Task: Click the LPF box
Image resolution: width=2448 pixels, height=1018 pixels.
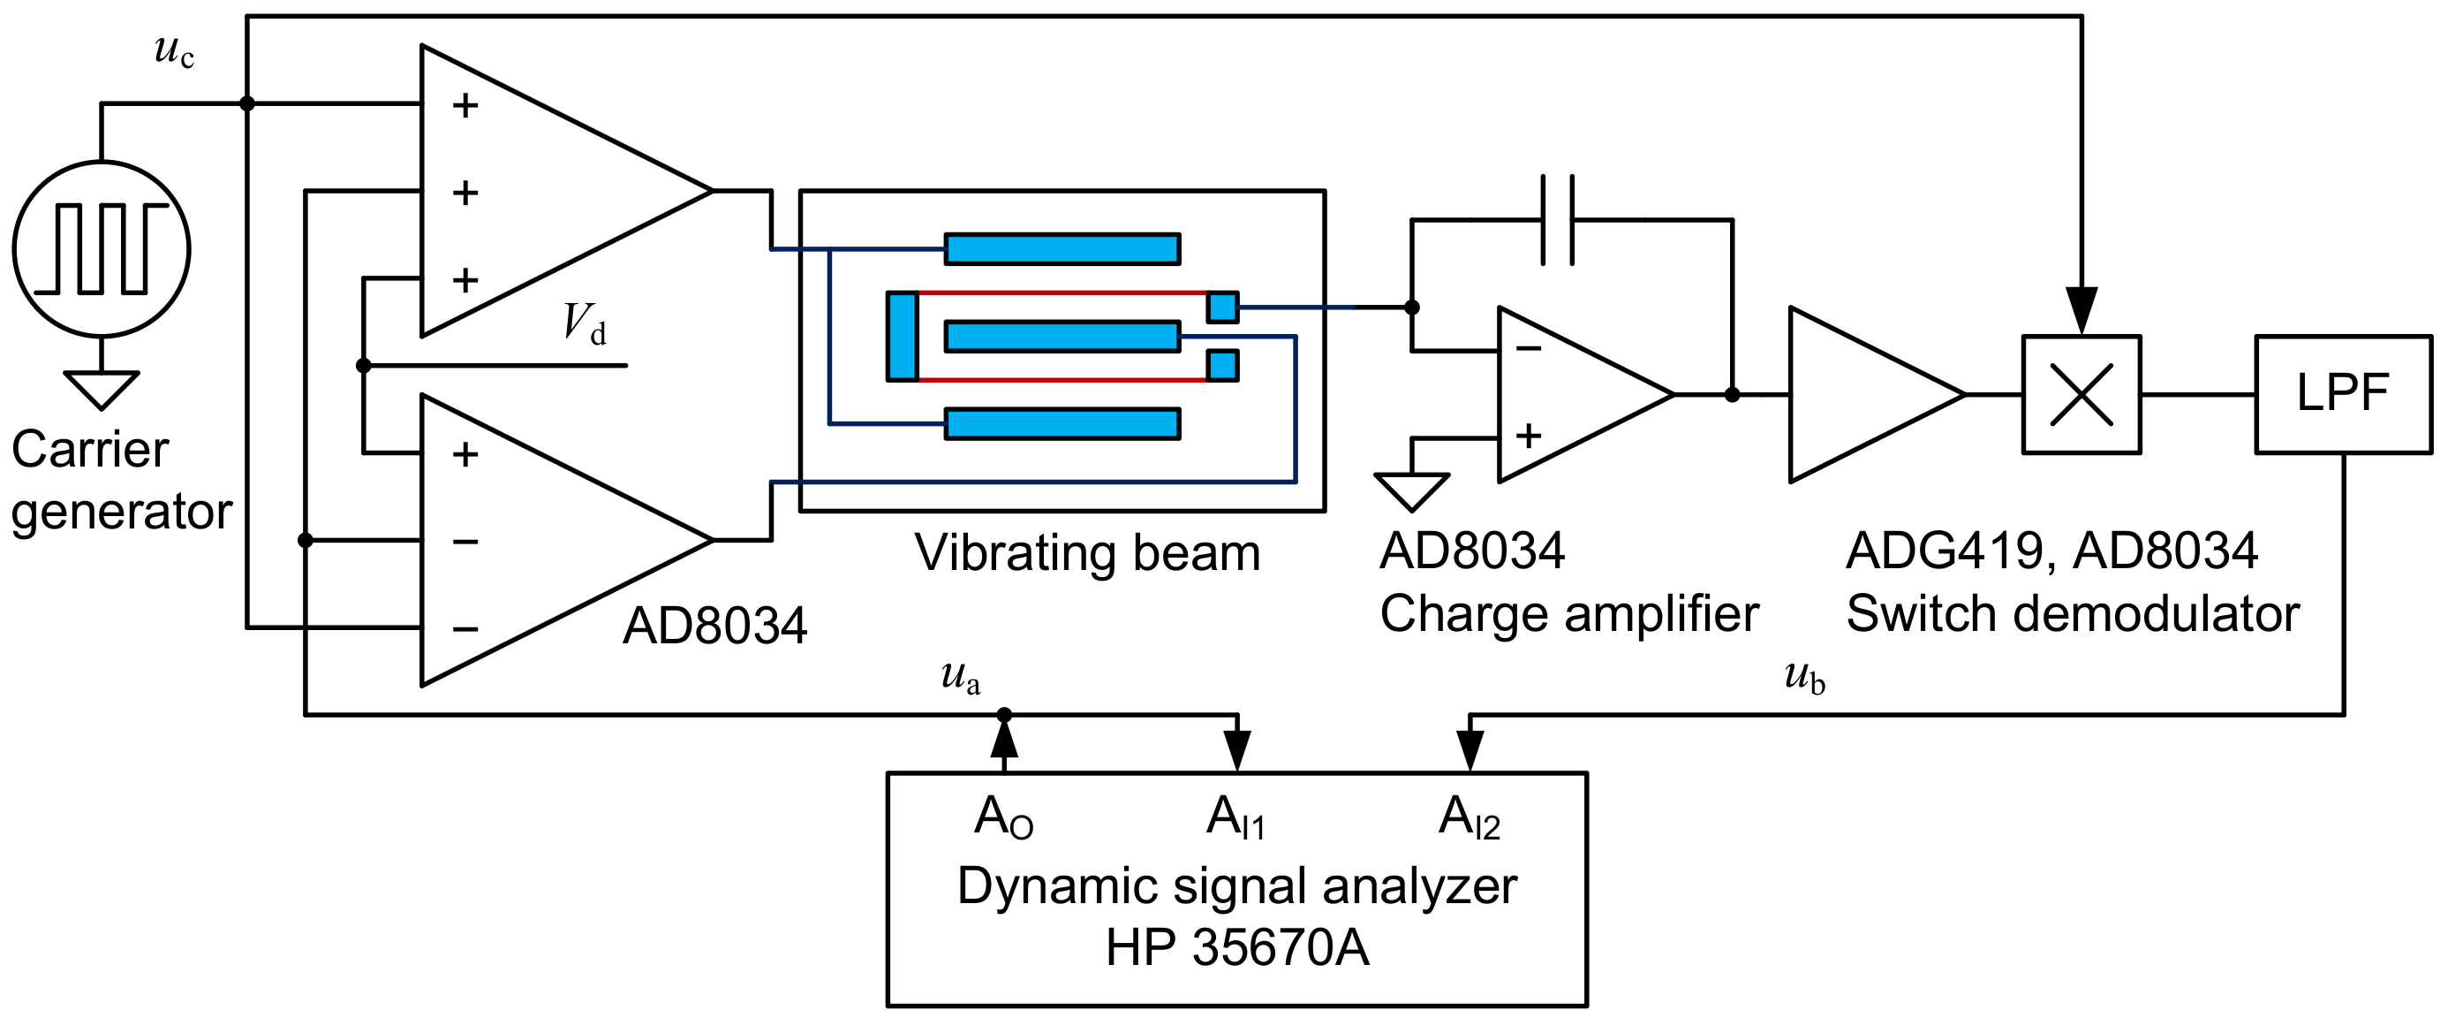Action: pos(2343,393)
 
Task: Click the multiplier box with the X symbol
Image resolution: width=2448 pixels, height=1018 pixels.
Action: pos(2081,393)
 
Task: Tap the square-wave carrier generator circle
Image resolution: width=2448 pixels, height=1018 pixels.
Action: pos(102,249)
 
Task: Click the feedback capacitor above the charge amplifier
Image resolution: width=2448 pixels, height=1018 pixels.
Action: pos(1557,219)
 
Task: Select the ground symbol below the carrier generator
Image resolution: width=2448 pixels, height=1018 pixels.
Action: pos(102,389)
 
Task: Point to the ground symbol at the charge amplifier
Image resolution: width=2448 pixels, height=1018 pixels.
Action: pos(1411,490)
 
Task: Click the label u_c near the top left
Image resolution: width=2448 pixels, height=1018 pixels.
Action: pos(174,50)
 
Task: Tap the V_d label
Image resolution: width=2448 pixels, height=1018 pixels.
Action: pos(584,324)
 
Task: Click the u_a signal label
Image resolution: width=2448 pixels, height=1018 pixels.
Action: pos(960,677)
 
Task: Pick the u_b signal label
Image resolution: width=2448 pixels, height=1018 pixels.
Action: pos(1803,677)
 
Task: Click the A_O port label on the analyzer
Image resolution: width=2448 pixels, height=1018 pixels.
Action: pos(1003,817)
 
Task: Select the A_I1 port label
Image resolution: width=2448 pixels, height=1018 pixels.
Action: pos(1235,817)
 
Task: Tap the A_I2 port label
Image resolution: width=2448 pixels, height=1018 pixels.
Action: pos(1470,817)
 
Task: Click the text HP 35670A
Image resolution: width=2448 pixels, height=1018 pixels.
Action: pos(1237,947)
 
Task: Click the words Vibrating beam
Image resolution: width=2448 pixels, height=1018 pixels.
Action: pos(1087,552)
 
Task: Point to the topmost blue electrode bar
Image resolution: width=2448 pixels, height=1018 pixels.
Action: pos(1062,249)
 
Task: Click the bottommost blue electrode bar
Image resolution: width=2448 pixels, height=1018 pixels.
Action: pos(1062,424)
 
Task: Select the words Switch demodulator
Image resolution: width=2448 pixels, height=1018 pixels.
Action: pos(2072,614)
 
